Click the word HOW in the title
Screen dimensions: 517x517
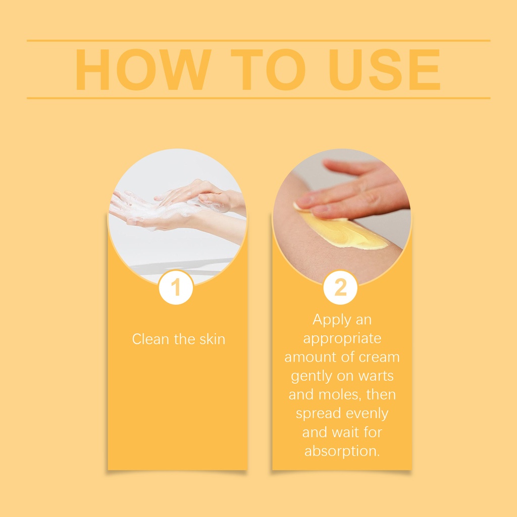tap(143, 70)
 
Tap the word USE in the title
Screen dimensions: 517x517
tap(385, 70)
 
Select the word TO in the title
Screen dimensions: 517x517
tap(268, 70)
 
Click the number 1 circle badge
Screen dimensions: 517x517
tap(176, 287)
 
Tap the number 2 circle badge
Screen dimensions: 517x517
tap(340, 287)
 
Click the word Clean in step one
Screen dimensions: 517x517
tap(150, 339)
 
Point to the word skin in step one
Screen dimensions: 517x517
tap(213, 339)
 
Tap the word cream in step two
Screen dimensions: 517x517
tap(380, 357)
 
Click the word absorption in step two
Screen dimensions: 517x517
tap(342, 451)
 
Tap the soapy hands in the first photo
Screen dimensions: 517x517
tap(178, 204)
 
